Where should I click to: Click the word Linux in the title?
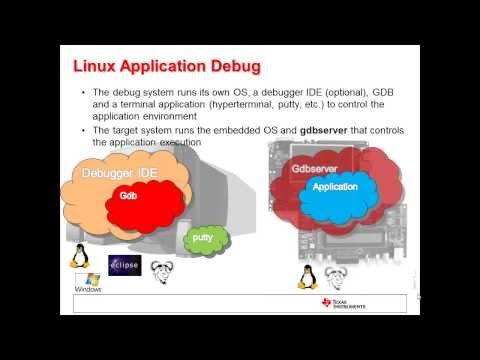click(x=100, y=67)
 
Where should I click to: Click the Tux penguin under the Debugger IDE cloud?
click(x=79, y=255)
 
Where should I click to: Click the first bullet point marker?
click(x=83, y=92)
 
